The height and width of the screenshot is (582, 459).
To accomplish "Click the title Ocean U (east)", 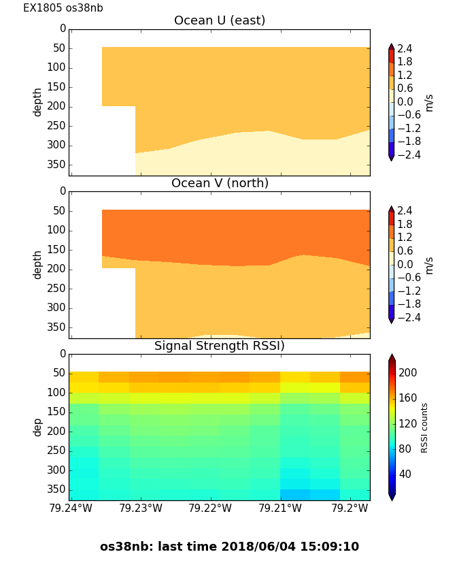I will (x=220, y=20).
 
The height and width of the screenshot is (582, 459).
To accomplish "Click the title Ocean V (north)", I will (x=220, y=183).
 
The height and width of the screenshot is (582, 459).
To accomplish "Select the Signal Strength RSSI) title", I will (x=220, y=346).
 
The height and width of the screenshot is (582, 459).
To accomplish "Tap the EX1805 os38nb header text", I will (x=63, y=8).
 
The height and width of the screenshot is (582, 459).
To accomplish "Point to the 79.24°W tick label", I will (x=71, y=508).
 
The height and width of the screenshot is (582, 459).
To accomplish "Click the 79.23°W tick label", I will (x=141, y=508).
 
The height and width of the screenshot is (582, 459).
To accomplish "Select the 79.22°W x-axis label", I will (x=211, y=508).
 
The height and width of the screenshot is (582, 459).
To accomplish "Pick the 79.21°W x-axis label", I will (x=281, y=508).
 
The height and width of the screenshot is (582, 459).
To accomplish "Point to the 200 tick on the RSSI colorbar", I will (x=408, y=373).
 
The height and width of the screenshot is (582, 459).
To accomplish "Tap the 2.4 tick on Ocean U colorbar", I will (x=405, y=49).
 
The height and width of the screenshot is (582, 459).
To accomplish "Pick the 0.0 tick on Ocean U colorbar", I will (x=405, y=102).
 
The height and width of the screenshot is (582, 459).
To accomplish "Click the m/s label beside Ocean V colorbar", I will (x=429, y=265).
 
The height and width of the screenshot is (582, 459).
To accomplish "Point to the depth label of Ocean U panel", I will (x=38, y=102).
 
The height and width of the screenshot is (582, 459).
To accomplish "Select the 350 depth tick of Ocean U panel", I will (x=58, y=165).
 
